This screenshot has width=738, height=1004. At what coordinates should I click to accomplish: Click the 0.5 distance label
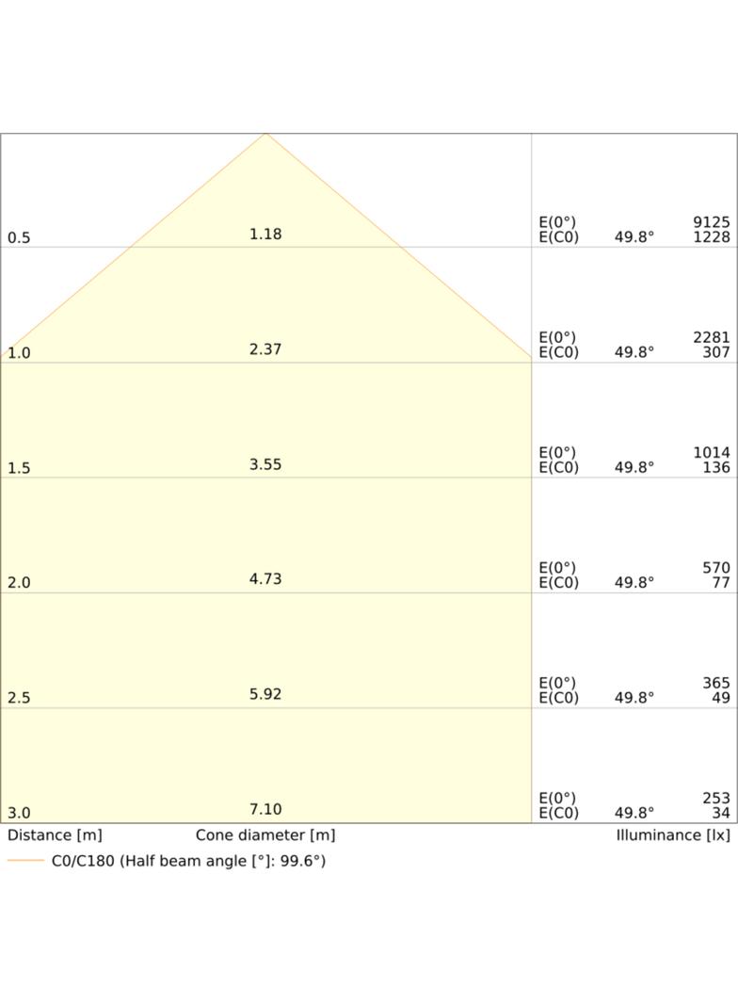point(19,237)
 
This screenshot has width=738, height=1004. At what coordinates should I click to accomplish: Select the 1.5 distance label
point(19,468)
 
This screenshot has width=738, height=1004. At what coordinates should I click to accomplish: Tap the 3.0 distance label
point(19,813)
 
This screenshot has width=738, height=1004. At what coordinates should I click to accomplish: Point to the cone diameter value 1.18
point(265,234)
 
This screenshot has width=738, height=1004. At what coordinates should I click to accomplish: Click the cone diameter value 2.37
point(265,349)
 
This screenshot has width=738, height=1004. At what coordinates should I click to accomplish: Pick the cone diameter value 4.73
point(265,579)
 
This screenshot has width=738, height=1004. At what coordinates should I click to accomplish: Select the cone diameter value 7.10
point(265,809)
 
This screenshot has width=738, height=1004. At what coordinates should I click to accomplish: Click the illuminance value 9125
point(711,221)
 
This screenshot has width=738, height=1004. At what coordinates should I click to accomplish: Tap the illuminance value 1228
point(711,237)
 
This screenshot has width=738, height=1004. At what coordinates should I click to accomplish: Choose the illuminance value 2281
point(711,337)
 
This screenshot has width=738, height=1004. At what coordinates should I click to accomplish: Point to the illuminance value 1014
point(711,452)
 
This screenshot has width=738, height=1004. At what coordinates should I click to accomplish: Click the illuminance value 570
point(716,567)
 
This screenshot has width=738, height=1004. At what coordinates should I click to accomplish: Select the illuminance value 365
point(716,683)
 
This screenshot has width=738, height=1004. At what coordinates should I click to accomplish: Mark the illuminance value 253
point(716,798)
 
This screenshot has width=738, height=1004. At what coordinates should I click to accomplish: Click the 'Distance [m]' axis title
point(55,835)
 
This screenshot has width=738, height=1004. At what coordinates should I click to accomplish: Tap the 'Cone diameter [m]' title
point(265,835)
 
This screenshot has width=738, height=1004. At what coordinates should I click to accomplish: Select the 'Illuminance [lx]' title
point(673,835)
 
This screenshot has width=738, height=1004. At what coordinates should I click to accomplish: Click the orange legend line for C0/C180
point(25,861)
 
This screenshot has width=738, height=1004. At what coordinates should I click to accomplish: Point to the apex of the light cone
point(265,133)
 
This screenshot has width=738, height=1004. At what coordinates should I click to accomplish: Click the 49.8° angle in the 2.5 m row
point(634,697)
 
